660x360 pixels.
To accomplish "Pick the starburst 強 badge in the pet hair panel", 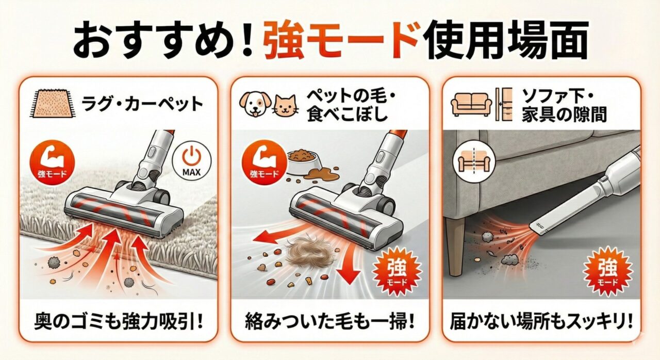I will tap(397, 270).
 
